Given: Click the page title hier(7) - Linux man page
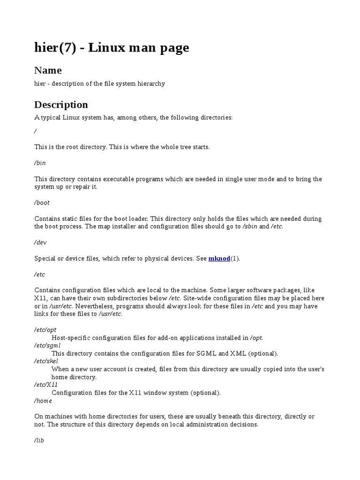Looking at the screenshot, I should (x=112, y=47).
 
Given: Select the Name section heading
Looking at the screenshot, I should (x=48, y=70).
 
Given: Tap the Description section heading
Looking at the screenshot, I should (x=61, y=104).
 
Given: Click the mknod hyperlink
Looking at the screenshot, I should (x=219, y=258).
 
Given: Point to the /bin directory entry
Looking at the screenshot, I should (x=40, y=163).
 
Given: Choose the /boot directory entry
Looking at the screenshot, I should (x=42, y=202).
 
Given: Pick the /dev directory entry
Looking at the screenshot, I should (x=40, y=242).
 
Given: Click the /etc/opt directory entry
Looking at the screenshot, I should (x=45, y=330).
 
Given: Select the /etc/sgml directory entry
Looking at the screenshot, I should (x=47, y=345).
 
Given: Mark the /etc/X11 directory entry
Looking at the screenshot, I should (x=46, y=385).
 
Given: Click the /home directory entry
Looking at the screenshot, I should (x=43, y=401).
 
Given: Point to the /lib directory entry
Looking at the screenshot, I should (x=39, y=441).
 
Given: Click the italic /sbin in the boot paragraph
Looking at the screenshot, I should (x=250, y=226).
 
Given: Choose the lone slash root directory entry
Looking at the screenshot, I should (x=36, y=131).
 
